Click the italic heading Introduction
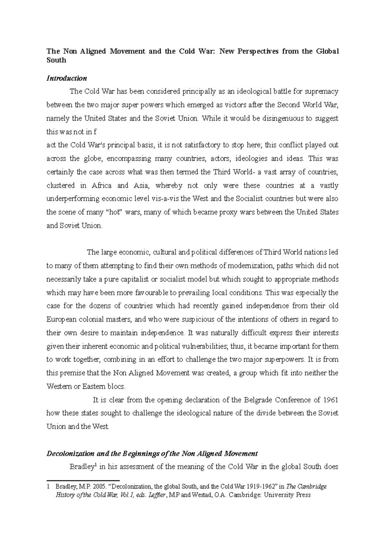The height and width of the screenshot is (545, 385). (x=66, y=78)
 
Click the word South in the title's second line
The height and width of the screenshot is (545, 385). (x=56, y=60)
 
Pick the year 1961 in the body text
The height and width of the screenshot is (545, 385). (x=330, y=400)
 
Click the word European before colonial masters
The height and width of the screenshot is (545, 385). (x=63, y=319)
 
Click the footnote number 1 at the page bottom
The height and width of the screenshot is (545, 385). (x=48, y=487)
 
